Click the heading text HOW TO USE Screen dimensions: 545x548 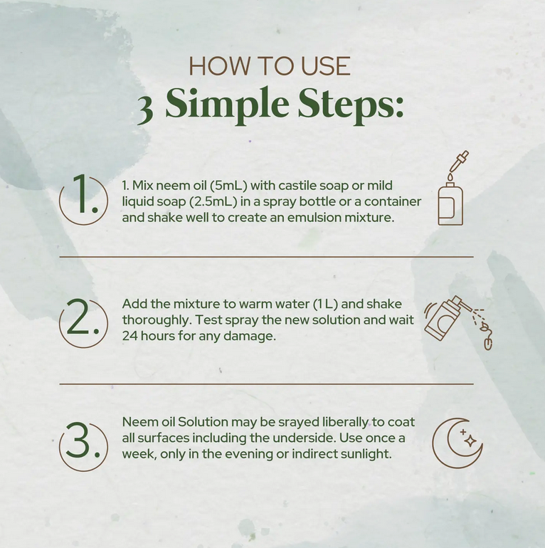pyautogui.click(x=270, y=65)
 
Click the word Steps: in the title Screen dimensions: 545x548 pyautogui.click(x=351, y=105)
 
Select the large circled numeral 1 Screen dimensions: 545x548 pyautogui.click(x=83, y=199)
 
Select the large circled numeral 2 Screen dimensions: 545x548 pyautogui.click(x=83, y=322)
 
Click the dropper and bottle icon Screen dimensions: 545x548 pyautogui.click(x=453, y=188)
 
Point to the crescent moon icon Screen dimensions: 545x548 pyautogui.click(x=457, y=443)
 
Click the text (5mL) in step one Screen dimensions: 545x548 pyautogui.click(x=228, y=185)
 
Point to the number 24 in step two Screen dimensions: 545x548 pyautogui.click(x=129, y=336)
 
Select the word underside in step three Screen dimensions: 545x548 pyautogui.click(x=304, y=438)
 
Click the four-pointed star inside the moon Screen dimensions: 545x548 pyautogui.click(x=470, y=441)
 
